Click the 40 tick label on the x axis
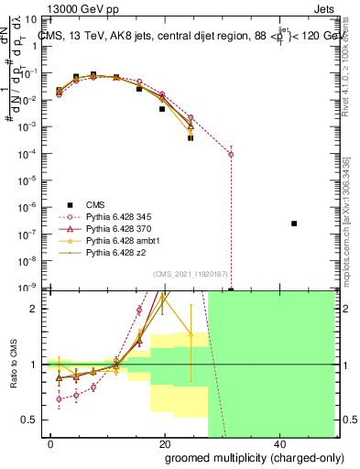[x=278, y=444]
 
